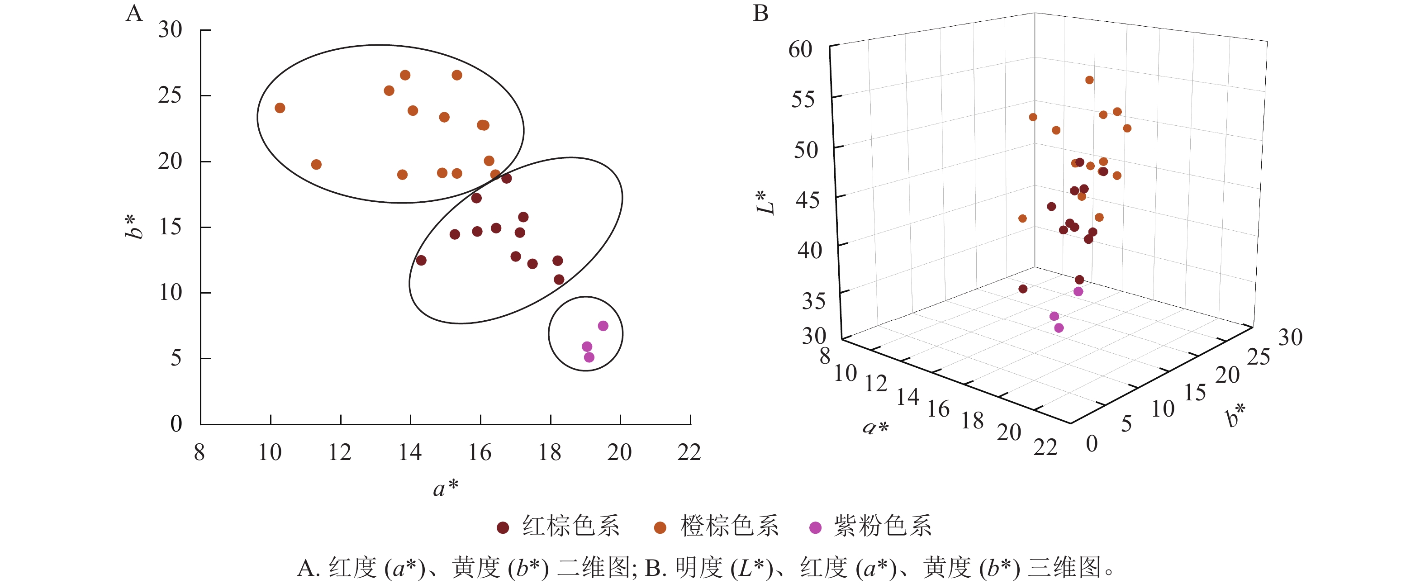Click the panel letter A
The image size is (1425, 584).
coord(134,13)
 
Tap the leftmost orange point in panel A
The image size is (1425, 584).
coord(280,108)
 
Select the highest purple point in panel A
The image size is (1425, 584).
coord(603,326)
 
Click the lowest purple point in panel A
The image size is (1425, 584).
coord(589,357)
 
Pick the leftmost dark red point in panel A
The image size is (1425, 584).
coord(421,261)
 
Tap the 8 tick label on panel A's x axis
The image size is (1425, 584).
coord(199,452)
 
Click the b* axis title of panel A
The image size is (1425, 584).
coord(134,227)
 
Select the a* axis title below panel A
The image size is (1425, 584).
coord(445,488)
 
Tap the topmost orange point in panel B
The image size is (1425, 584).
coord(1089,80)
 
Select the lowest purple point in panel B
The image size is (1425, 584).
coord(1059,328)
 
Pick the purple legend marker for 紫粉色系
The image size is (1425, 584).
coord(815,527)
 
